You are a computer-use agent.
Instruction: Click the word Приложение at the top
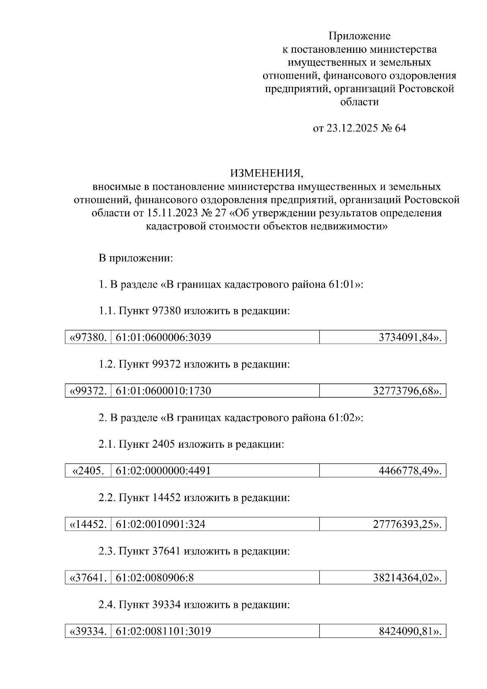coord(359,36)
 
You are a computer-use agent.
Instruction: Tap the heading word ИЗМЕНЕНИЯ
coord(267,174)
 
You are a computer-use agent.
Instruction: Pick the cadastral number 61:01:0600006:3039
coord(163,337)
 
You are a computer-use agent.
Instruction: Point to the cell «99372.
coord(88,391)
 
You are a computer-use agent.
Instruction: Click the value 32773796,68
coord(406,391)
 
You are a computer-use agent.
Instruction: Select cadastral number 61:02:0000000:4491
coord(163,471)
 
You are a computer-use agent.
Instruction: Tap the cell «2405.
coord(88,471)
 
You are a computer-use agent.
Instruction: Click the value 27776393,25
coord(406,524)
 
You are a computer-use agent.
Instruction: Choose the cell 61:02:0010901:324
coord(160,524)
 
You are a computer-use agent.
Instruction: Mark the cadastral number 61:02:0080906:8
coord(155,577)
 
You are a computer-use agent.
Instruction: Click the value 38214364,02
coord(406,577)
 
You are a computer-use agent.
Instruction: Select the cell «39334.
coord(88,631)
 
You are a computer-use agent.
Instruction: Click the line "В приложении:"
coord(136,258)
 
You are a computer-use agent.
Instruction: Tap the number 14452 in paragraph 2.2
coord(167,497)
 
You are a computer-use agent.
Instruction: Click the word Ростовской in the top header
coord(426,89)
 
